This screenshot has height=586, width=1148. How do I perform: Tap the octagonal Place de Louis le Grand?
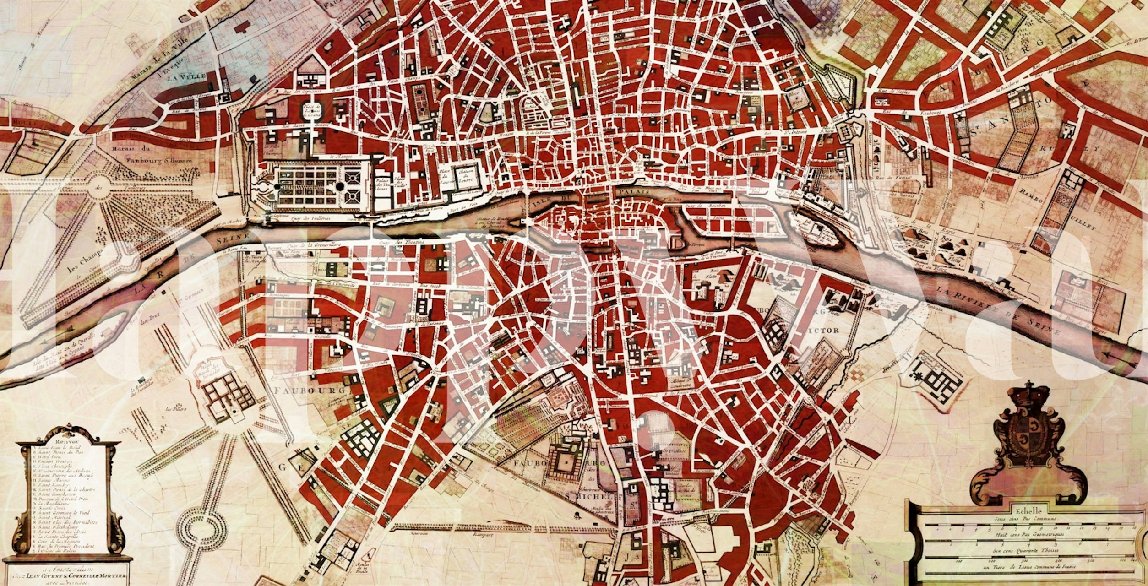point(311,109)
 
